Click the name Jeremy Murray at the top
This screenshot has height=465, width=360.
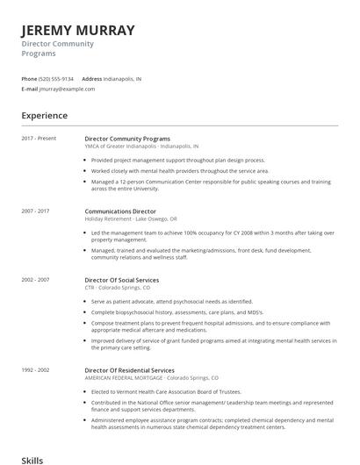coord(78,31)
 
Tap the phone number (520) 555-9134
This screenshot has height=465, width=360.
coord(57,78)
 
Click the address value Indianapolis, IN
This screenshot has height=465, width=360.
coord(122,78)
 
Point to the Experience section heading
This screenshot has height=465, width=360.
coord(45,115)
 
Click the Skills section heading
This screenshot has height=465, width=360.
coord(32,459)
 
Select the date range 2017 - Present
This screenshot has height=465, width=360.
coord(39,139)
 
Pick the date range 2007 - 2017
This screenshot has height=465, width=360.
coord(35,211)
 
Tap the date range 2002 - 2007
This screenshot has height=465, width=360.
coord(35,280)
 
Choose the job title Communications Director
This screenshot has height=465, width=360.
coord(120,211)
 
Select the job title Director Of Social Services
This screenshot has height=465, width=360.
coord(121,280)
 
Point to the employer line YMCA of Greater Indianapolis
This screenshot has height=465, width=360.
coord(141,147)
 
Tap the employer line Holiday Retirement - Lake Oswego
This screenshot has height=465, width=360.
coord(131,219)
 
